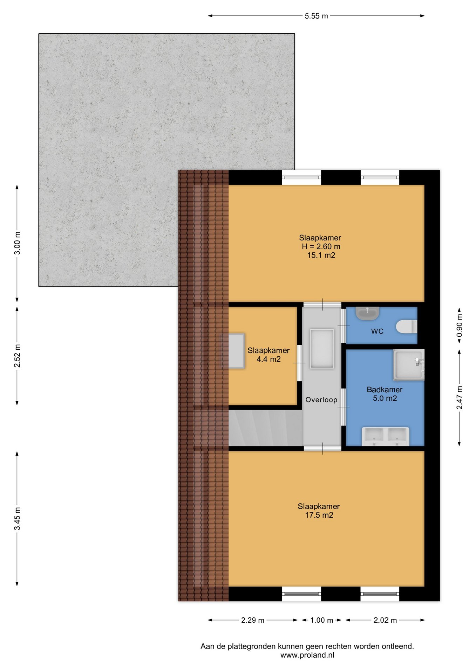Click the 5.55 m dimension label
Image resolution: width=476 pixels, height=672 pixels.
point(316,16)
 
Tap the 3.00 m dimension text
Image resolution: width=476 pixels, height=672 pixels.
point(17,243)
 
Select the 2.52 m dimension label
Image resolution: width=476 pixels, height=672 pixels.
point(17,356)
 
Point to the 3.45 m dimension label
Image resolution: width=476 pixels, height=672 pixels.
point(17,518)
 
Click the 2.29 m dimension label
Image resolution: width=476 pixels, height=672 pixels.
point(252,620)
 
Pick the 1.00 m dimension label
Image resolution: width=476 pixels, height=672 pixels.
point(321,620)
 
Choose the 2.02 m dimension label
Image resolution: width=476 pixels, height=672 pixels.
point(385,620)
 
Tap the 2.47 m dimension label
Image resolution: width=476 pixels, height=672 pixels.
point(459,398)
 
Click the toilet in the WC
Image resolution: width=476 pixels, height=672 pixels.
point(407,327)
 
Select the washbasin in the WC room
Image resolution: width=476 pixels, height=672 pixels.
point(367,313)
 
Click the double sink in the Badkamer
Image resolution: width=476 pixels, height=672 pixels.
point(386,436)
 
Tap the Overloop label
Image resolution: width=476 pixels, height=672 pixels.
point(321,400)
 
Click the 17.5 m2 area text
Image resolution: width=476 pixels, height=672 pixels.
point(319,515)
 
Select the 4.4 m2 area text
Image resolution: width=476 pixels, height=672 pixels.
point(268,359)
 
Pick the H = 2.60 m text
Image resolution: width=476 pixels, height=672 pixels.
point(321,246)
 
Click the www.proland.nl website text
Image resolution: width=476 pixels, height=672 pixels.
point(307,655)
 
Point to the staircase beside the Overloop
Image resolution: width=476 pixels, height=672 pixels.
point(265,428)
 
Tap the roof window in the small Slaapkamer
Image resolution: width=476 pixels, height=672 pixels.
point(232,351)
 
